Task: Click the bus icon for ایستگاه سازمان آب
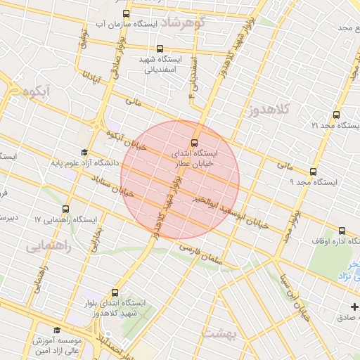(x=126, y=13)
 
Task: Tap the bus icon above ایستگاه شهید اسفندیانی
(x=160, y=49)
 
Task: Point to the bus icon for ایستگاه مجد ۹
(x=313, y=171)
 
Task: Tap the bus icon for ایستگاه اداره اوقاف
(x=342, y=230)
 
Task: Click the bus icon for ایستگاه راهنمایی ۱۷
(x=66, y=209)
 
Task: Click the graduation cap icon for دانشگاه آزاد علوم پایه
(x=84, y=153)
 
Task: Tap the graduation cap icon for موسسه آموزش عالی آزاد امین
(x=58, y=329)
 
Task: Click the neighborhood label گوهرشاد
(x=182, y=22)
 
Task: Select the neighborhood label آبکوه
(x=39, y=92)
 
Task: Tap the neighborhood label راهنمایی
(x=49, y=247)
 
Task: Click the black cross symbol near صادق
(x=354, y=307)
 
